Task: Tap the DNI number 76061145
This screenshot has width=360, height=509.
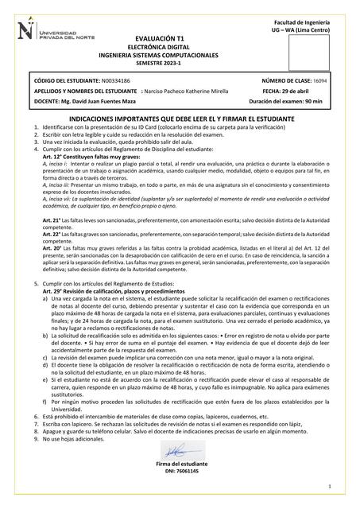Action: click(188, 471)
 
